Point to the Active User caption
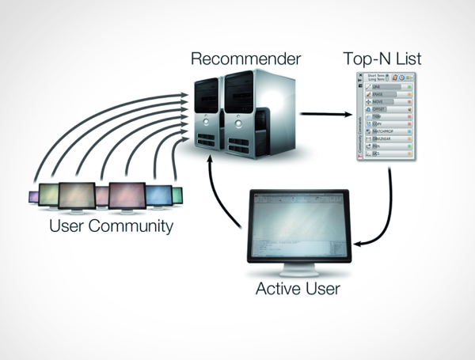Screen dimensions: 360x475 coord(298,289)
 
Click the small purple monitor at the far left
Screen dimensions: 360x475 coord(33,197)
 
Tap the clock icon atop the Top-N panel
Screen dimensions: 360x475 coord(402,77)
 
